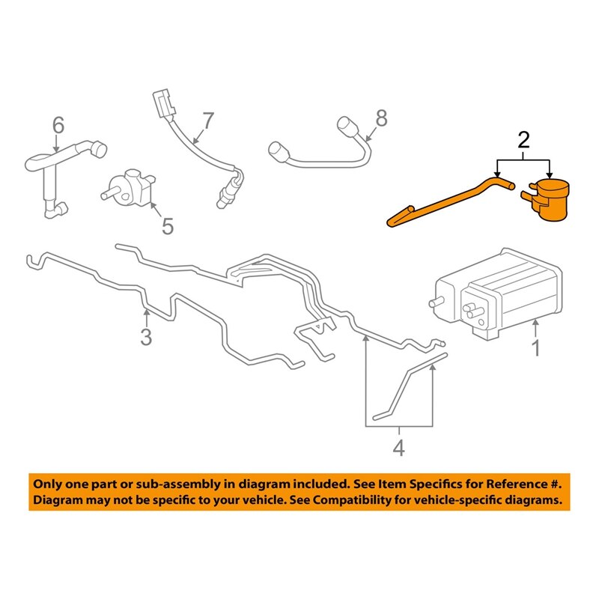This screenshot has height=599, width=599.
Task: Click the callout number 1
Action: [x=535, y=347]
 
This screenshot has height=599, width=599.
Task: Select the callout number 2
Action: [x=523, y=139]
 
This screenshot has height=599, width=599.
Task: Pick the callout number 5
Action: [x=167, y=225]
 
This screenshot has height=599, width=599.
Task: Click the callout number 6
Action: [x=58, y=124]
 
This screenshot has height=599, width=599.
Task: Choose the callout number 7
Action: [x=207, y=119]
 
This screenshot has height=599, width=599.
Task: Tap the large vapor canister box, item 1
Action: [x=498, y=292]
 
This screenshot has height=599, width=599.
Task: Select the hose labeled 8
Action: [x=322, y=150]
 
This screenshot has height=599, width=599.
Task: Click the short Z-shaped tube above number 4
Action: [x=408, y=386]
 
